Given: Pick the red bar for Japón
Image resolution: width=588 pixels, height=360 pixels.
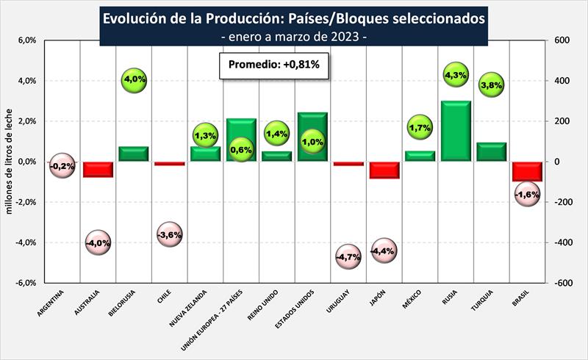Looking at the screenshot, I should click(384, 170).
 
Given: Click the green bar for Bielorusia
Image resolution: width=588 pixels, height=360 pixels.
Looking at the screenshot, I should click(133, 154).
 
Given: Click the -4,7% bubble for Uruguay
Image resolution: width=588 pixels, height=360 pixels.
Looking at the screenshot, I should click(348, 256).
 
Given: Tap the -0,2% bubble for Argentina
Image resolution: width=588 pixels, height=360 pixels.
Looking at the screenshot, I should click(62, 167).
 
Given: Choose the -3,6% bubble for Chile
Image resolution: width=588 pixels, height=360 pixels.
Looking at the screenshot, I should click(169, 235).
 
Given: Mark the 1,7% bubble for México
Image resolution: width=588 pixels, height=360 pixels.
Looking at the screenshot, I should click(420, 128).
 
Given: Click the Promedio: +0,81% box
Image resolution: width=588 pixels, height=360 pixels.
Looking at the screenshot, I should click(273, 65).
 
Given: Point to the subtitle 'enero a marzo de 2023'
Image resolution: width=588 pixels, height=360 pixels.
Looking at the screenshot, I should click(294, 36).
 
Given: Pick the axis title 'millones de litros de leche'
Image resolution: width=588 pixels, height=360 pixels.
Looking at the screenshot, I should click(11, 162).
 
